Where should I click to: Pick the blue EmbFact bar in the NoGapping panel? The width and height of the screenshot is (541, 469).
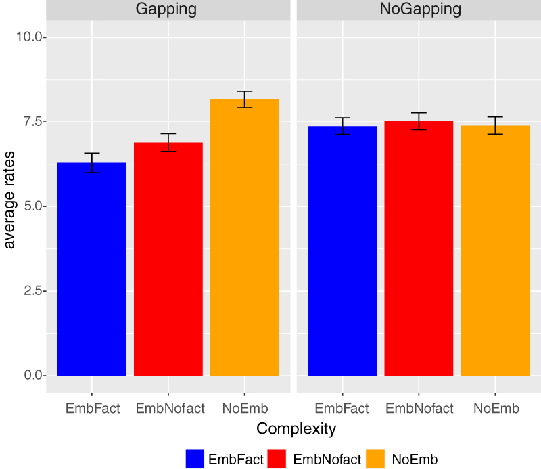(342, 250)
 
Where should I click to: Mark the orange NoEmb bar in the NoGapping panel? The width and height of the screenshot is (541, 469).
(495, 250)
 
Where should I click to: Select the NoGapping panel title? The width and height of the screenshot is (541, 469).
(419, 9)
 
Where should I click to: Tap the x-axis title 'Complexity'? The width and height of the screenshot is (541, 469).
(296, 429)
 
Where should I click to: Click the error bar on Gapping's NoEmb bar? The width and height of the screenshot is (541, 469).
(244, 99)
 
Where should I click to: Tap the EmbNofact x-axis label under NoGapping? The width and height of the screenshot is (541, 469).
(419, 408)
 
